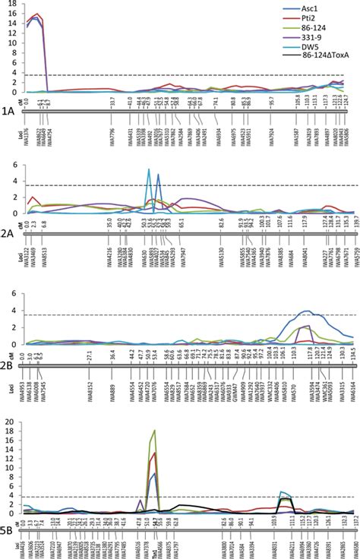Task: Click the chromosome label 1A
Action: pos(8,110)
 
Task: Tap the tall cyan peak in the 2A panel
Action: pos(148,169)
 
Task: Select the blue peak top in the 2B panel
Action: pos(307,311)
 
